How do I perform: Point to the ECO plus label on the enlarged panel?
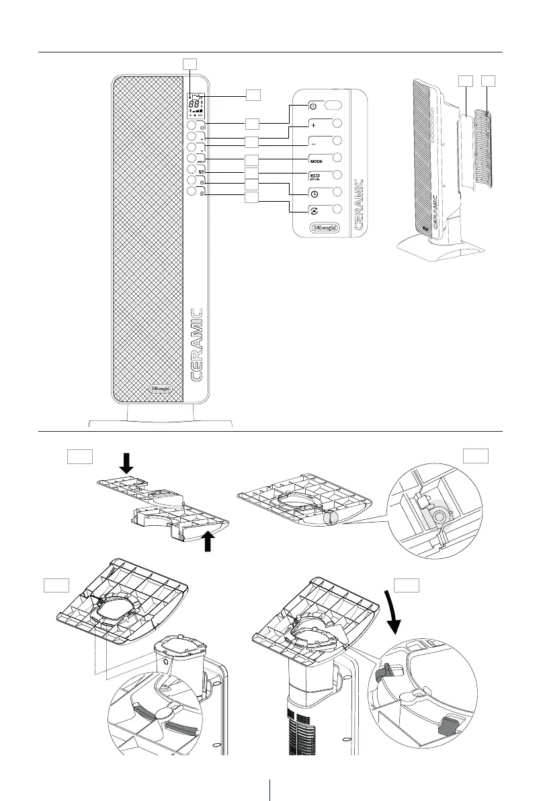(316, 177)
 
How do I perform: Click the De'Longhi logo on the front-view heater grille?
(161, 388)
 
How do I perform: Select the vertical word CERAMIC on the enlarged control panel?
(359, 204)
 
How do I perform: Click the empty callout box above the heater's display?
(190, 63)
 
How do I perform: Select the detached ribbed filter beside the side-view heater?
(484, 149)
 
